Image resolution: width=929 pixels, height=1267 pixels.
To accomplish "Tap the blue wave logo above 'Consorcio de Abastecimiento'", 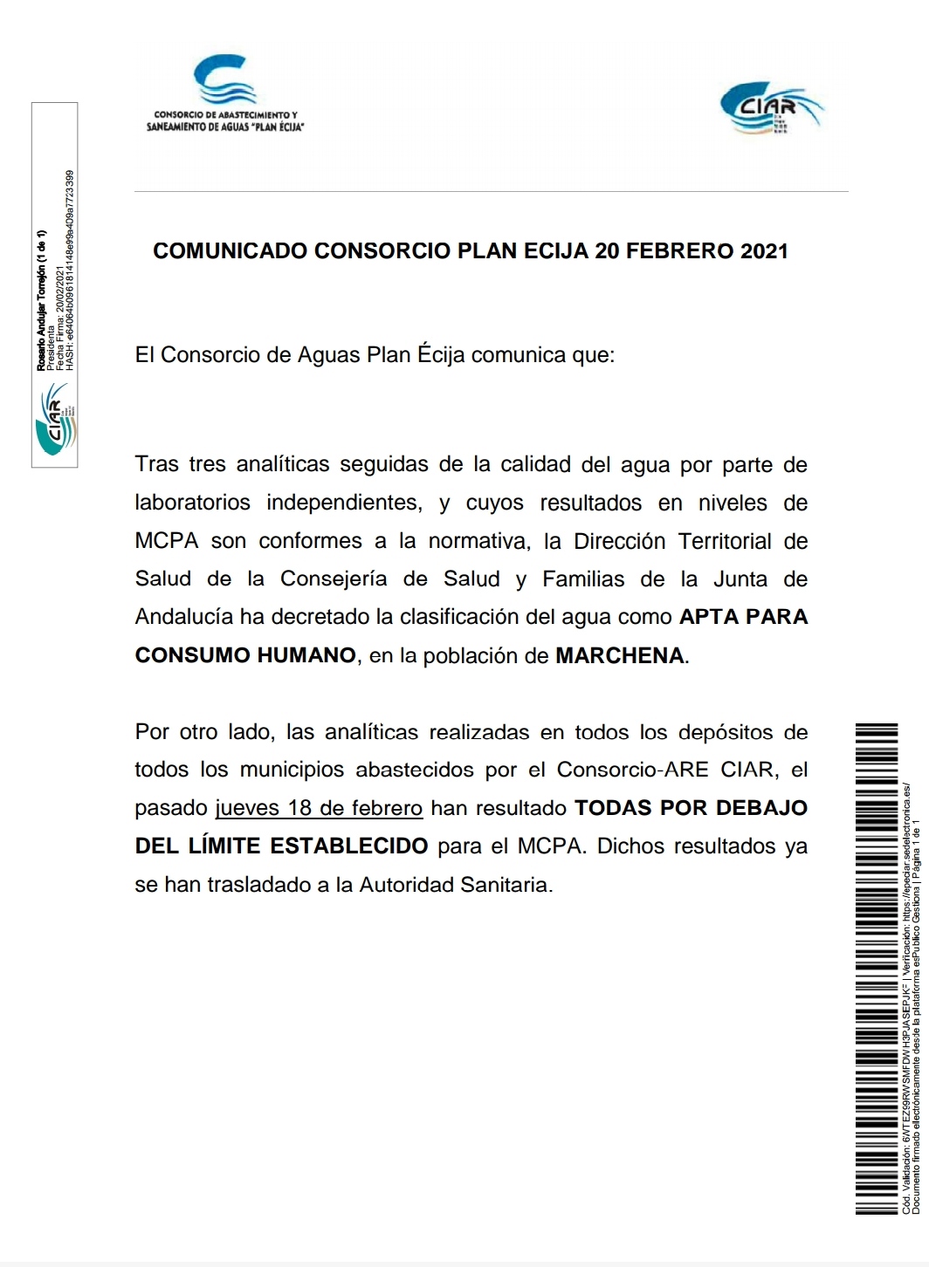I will tap(224, 80).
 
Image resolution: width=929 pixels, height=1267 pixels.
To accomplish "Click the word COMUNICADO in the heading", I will tap(231, 251).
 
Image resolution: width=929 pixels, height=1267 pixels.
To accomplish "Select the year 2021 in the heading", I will tap(764, 251).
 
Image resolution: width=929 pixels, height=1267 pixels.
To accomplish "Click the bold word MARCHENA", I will tap(620, 655).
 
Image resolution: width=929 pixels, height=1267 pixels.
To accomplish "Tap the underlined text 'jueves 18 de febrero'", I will tap(319, 808).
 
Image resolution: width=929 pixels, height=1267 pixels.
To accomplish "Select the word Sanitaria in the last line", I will tap(508, 885).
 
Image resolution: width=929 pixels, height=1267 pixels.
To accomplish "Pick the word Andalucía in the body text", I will tap(183, 617).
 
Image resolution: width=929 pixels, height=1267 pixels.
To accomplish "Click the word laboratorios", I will tap(192, 503).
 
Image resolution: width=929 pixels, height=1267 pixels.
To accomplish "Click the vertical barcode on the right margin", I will tap(877, 969).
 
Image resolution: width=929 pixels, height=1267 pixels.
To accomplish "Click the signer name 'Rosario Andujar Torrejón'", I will tap(41, 301).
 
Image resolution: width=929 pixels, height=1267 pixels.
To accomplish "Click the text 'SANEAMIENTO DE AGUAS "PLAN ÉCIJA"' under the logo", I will tap(225, 127).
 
